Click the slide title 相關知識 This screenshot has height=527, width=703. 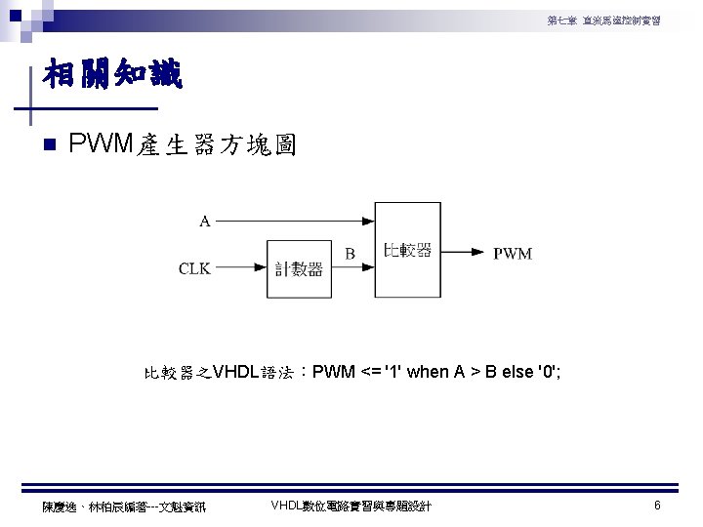[112, 75]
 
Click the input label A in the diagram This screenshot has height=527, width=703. [205, 221]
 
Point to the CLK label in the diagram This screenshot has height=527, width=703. [194, 268]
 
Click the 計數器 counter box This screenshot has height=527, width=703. [299, 268]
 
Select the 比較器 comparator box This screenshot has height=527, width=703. [408, 251]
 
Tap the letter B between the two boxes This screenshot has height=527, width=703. [350, 254]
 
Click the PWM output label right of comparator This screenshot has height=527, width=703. [513, 254]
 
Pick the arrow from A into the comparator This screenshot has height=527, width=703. [293, 221]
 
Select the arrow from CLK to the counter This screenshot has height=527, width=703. [241, 268]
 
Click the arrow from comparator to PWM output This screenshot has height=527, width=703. [464, 253]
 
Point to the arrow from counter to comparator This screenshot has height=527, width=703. [353, 268]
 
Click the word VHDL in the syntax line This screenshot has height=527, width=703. [235, 372]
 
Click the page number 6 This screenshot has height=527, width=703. [658, 506]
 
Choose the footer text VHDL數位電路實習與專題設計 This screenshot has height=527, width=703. [351, 506]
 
